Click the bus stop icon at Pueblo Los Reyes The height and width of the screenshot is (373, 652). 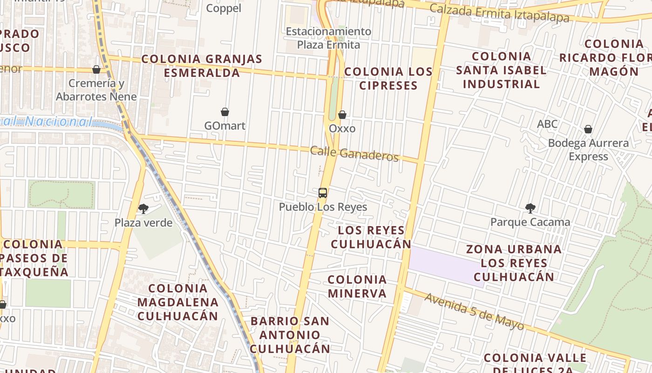point(322,193)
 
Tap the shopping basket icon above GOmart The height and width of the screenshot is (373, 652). point(225,112)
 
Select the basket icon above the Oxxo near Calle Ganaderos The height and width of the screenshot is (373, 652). point(342,115)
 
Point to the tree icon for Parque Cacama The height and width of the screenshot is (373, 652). point(530,208)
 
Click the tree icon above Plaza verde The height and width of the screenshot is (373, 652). point(143,208)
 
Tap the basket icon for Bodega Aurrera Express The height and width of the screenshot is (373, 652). point(588,129)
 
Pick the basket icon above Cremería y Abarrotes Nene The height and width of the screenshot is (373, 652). point(96,69)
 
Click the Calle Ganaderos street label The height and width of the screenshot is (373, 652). point(354,154)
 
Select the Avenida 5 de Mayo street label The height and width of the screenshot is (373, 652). point(474,311)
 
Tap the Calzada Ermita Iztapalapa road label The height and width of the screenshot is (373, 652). point(499,13)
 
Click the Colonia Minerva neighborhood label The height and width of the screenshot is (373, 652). point(357,286)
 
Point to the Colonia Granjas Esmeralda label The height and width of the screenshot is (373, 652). point(202,66)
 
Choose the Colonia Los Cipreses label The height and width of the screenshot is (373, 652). point(388,78)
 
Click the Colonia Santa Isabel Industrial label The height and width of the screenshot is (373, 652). point(501,70)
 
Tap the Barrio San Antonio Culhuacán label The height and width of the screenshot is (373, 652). point(290,334)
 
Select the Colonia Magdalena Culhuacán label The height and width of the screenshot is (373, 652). point(177,302)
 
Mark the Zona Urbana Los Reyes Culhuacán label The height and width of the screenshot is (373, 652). point(514,262)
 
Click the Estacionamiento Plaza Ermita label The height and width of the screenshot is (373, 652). point(328,38)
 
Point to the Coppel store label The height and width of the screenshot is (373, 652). point(224,8)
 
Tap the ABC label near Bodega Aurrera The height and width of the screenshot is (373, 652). point(547,124)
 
